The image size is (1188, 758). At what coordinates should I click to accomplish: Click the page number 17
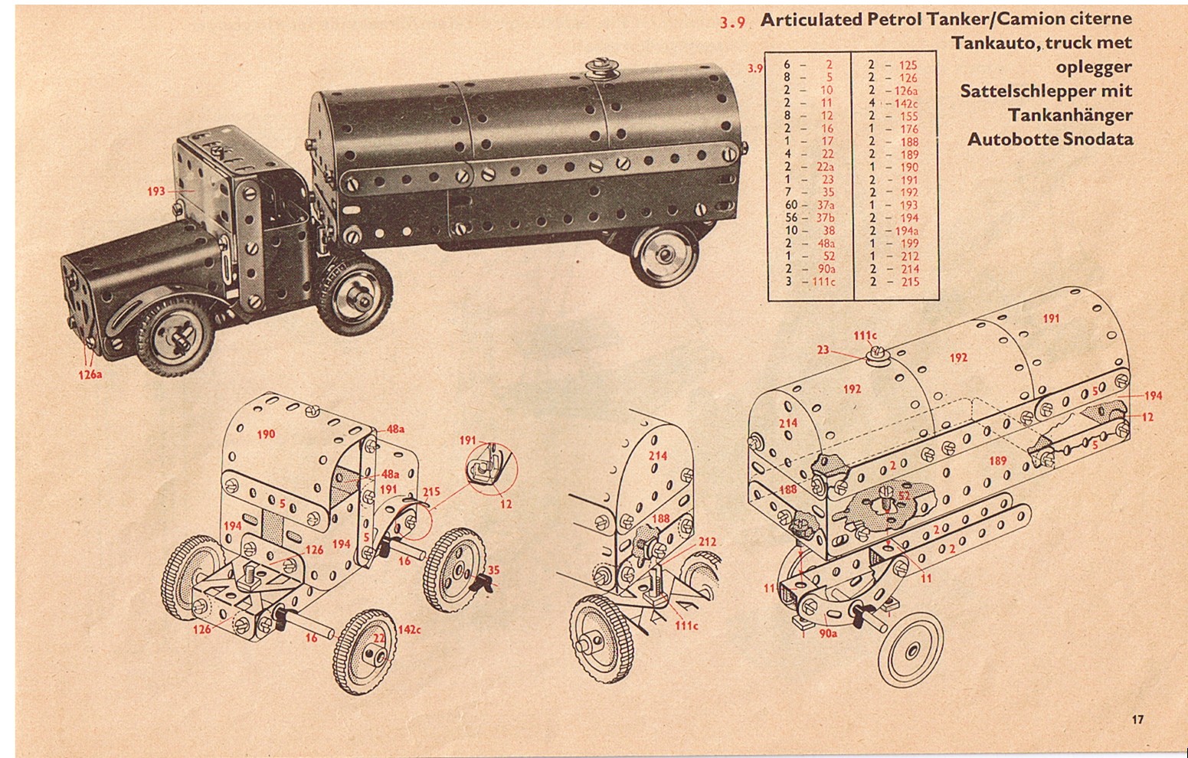[1137, 719]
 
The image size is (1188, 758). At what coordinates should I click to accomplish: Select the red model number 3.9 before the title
[732, 22]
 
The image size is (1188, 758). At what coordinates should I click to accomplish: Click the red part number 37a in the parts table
[826, 205]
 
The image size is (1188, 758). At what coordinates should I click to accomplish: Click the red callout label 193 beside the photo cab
[156, 191]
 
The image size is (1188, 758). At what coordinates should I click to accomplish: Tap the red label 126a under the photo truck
[90, 374]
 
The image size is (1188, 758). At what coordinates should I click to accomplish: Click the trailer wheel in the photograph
[665, 256]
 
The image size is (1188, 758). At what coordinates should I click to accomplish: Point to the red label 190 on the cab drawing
[266, 434]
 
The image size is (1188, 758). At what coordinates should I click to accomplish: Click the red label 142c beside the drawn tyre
[410, 629]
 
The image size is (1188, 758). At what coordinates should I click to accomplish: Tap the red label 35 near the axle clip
[494, 570]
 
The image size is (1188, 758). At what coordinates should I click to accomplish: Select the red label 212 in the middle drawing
[707, 541]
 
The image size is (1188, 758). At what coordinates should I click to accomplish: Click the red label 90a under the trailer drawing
[828, 632]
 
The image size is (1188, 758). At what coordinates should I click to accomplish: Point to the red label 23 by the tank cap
[823, 350]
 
